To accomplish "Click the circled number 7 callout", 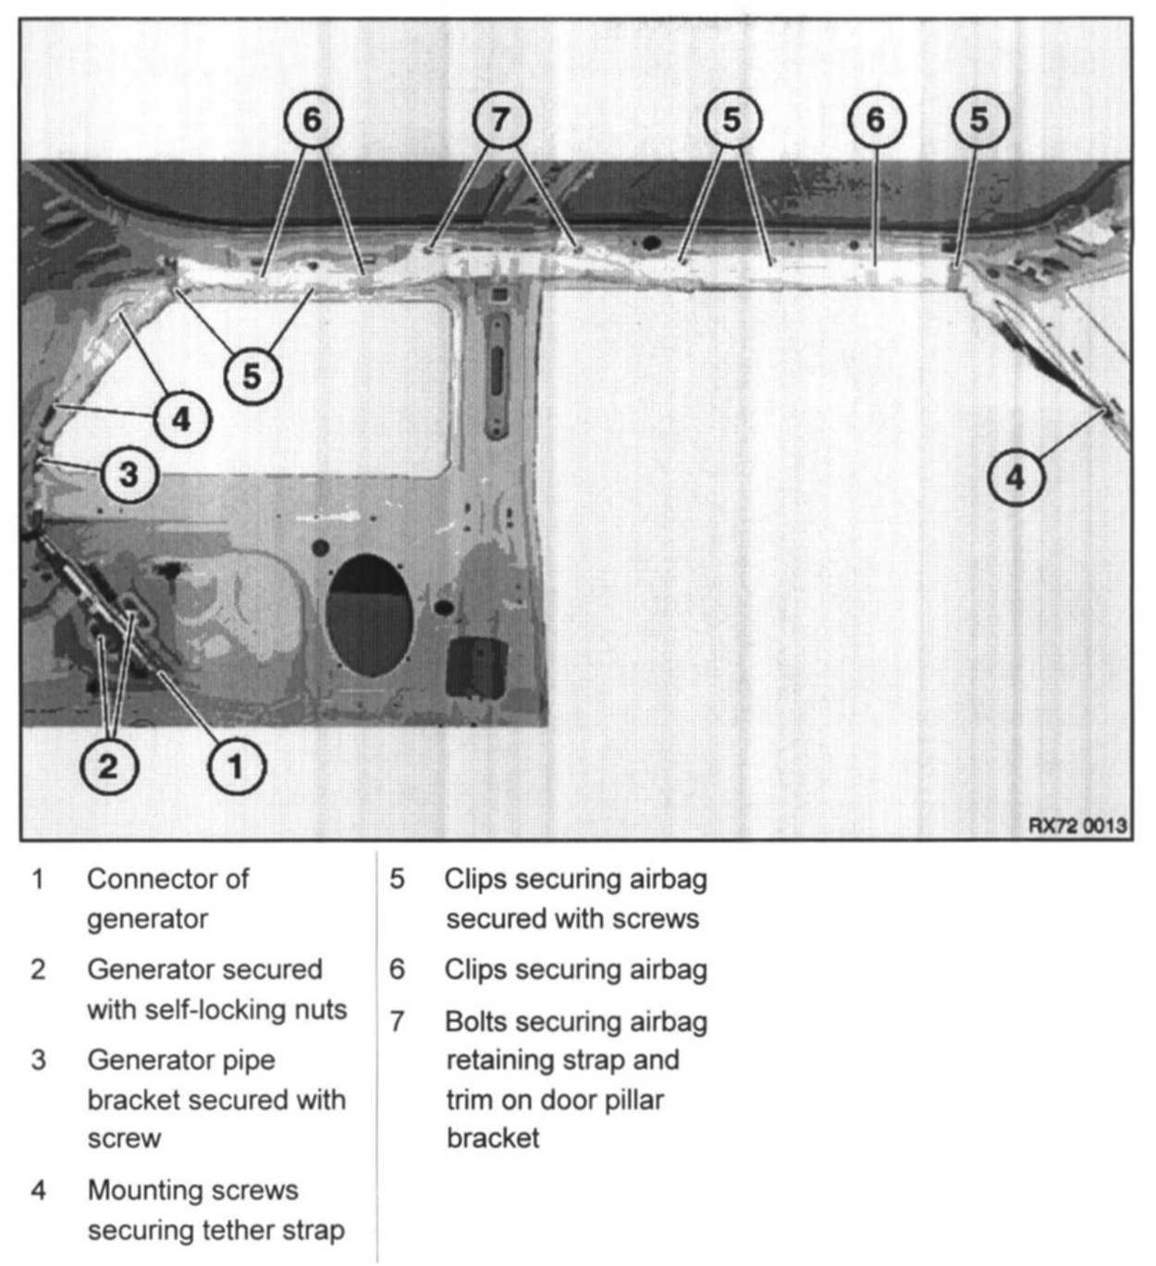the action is (x=502, y=120).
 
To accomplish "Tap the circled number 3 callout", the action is (x=129, y=474).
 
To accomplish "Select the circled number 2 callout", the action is (x=108, y=766).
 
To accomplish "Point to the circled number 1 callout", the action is (x=237, y=766).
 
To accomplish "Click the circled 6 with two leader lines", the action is (x=314, y=120).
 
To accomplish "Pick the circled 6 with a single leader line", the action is (x=877, y=120).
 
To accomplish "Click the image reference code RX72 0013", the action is (x=1077, y=825).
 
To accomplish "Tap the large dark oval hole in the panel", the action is (x=369, y=615).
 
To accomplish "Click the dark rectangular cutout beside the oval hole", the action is (x=476, y=668).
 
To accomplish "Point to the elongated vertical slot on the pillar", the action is (x=498, y=376).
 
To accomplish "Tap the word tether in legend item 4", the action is (x=240, y=1230).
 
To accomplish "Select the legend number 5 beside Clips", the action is (x=397, y=879).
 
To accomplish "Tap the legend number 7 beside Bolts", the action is (x=397, y=1022).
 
